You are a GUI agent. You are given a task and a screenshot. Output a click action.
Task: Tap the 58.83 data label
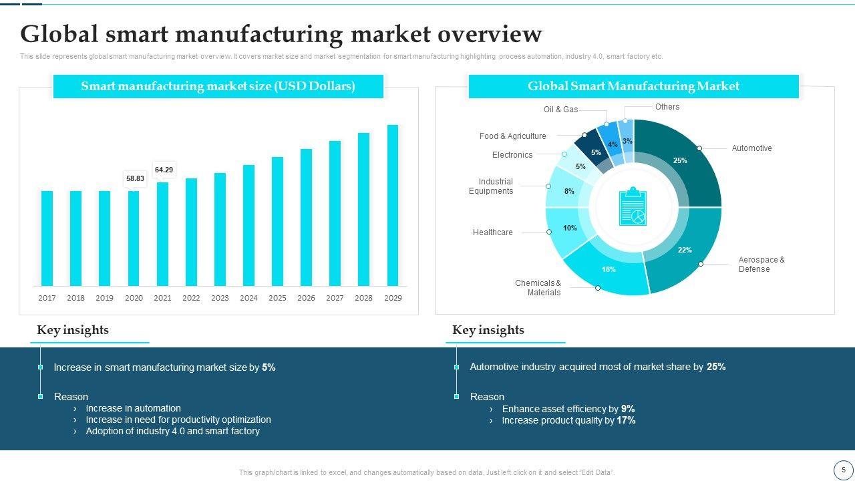(x=135, y=178)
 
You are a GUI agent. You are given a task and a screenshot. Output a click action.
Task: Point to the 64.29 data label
(x=164, y=170)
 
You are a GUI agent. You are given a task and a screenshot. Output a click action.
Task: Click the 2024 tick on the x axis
(x=248, y=298)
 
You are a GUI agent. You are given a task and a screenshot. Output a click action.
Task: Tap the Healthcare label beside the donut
(x=492, y=232)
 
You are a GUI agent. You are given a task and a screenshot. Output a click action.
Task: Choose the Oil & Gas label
(x=560, y=110)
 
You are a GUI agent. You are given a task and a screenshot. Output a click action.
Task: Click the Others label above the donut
(x=667, y=107)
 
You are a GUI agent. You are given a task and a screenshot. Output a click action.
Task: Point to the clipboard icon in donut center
(x=633, y=207)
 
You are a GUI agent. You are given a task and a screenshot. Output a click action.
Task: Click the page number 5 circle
(x=843, y=470)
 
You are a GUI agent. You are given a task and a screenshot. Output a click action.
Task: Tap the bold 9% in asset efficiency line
(x=628, y=409)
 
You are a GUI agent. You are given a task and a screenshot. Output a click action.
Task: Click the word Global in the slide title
(x=59, y=34)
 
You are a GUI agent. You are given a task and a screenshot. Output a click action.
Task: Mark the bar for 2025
(x=277, y=221)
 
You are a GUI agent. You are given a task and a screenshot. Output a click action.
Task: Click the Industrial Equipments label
(x=491, y=186)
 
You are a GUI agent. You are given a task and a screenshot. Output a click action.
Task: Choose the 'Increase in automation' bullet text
(x=133, y=408)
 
